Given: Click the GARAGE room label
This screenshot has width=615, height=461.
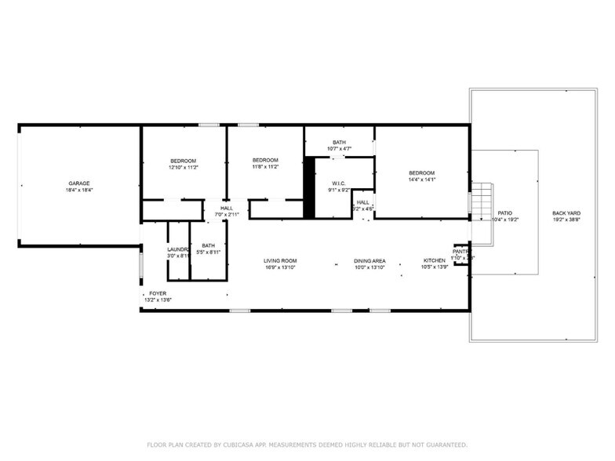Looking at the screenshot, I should pos(78,183).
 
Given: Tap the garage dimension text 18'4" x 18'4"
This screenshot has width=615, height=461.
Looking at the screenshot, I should pos(78,190).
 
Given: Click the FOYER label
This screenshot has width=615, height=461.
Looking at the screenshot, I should pos(158,293).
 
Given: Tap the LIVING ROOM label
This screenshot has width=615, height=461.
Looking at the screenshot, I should pos(279,260).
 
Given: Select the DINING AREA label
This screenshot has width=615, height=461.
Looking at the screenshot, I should pos(369,260).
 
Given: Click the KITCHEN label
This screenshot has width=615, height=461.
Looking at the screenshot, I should pos(435,260).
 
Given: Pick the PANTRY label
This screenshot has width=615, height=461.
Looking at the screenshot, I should pos(461,252).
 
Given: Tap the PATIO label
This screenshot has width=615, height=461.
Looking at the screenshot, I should pos(505,212).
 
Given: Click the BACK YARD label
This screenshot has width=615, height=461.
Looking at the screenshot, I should pos(566,212).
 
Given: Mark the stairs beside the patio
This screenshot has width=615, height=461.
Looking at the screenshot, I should pos(480,202).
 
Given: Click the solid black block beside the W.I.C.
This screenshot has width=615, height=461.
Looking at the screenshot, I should pos(309,188).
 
